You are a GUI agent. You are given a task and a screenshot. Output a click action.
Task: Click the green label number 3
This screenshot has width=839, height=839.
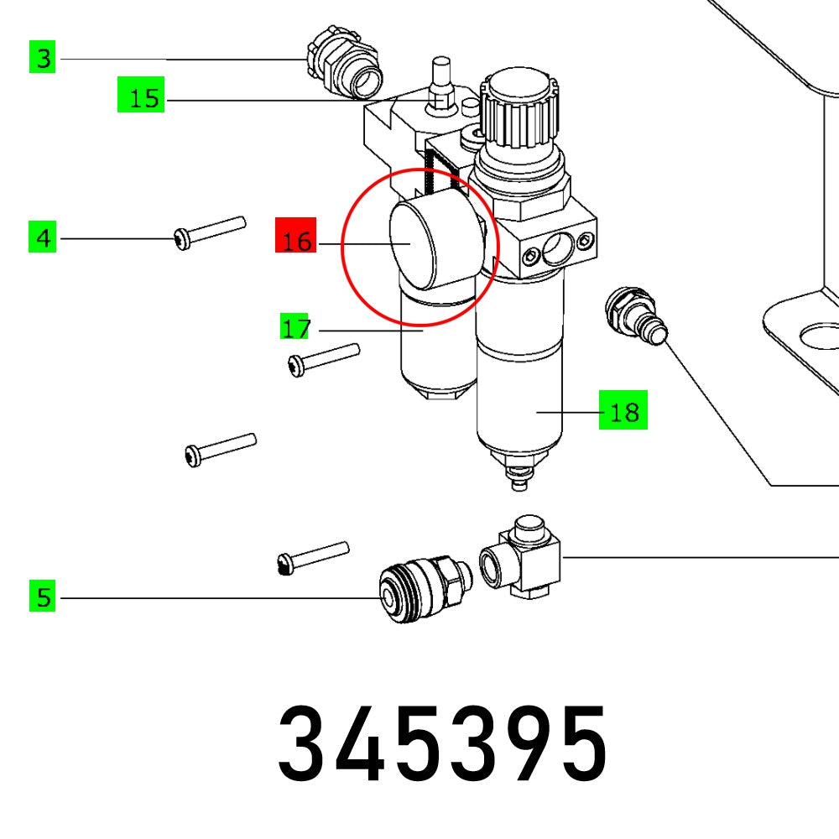pos(43,59)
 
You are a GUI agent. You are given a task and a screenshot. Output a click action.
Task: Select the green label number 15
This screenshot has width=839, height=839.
pos(140,98)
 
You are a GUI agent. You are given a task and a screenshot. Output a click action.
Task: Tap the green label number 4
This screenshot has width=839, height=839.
pos(43,239)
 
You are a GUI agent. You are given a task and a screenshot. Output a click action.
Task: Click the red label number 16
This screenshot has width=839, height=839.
pos(295,242)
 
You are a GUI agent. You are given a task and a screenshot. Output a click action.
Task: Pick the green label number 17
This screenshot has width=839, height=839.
pos(295,328)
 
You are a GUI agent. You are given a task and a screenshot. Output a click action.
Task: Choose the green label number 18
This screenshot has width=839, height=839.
pos(623,412)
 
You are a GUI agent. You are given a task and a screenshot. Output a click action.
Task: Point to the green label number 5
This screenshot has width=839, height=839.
pos(43,597)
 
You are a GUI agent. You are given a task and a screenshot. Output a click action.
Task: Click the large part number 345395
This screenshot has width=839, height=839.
pos(442,743)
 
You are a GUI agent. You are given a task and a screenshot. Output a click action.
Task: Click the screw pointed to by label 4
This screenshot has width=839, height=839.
pos(210,231)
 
